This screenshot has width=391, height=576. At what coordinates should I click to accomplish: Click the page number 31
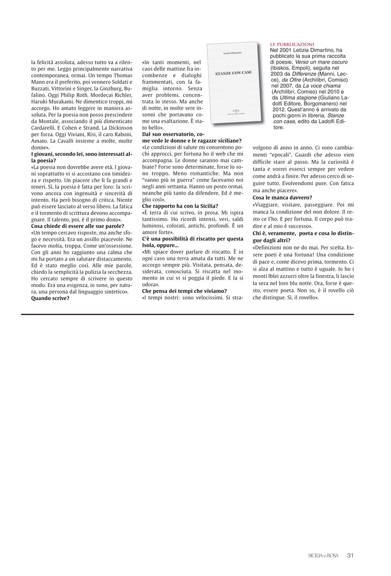click(x=350, y=556)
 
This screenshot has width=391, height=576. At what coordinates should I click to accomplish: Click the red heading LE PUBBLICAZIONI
click(x=292, y=43)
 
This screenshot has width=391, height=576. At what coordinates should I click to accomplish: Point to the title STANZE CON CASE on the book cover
click(x=233, y=74)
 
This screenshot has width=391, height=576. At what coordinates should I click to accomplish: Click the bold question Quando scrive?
click(x=50, y=298)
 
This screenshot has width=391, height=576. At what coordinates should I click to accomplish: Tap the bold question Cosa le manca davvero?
click(x=282, y=197)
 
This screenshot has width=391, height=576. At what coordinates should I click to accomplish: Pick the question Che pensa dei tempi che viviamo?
click(x=182, y=290)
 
